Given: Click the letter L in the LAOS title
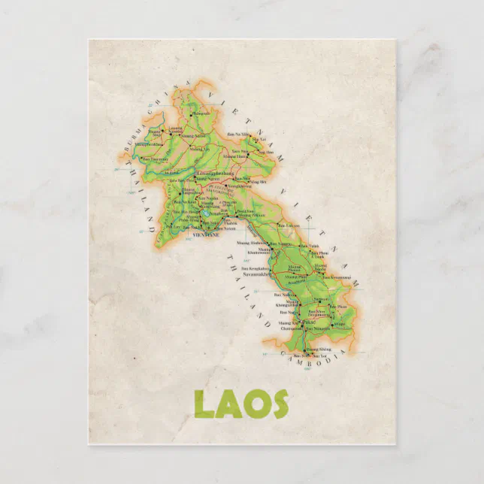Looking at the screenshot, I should (204, 404).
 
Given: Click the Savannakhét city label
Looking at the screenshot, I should (256, 274).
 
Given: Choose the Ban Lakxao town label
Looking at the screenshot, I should (289, 225).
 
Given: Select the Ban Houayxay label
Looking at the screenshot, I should (156, 159).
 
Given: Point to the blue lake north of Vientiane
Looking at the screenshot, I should (204, 222).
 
